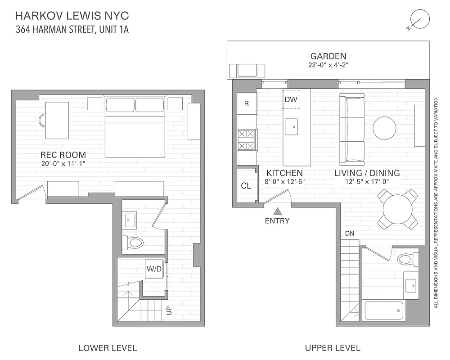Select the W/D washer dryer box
click(x=154, y=269)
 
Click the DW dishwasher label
click(x=291, y=99)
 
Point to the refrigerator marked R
click(x=247, y=103)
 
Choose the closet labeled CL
click(x=246, y=185)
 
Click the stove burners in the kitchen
click(x=246, y=139)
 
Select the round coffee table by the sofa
click(x=385, y=128)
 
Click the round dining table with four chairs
click(x=398, y=208)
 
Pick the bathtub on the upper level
click(x=384, y=310)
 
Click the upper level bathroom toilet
click(x=408, y=259)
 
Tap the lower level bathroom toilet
click(x=133, y=243)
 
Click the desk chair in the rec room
click(x=43, y=120)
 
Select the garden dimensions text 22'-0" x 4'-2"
click(x=328, y=65)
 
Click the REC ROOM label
click(x=63, y=155)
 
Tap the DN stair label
click(x=350, y=234)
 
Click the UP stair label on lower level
click(x=169, y=310)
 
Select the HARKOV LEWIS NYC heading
click(x=72, y=16)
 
